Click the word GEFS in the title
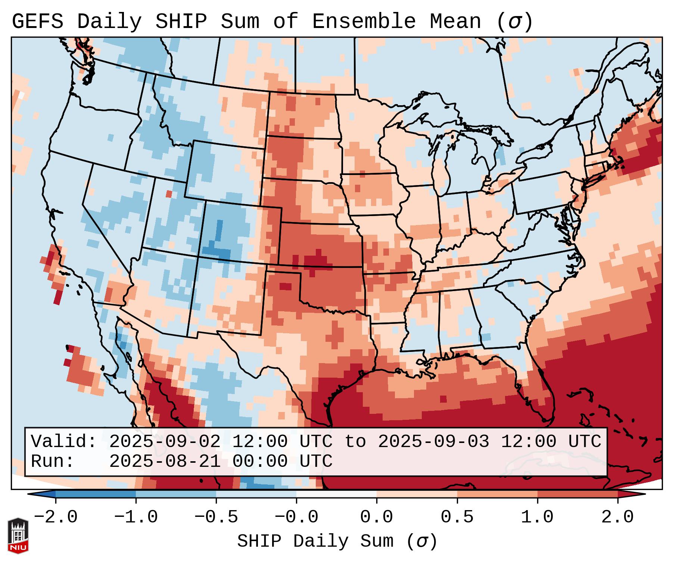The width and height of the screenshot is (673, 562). click(x=37, y=22)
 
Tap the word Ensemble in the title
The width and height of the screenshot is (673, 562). click(x=364, y=22)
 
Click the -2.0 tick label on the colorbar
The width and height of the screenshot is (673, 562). click(x=56, y=517)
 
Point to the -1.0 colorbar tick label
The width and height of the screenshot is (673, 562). click(x=136, y=517)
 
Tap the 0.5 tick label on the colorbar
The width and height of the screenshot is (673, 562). click(x=457, y=517)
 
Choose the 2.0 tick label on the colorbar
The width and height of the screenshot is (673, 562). click(x=618, y=517)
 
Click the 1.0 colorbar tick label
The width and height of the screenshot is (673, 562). click(x=538, y=517)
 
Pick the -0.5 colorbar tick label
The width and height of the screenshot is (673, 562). click(x=216, y=517)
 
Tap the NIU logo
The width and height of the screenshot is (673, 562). click(x=18, y=535)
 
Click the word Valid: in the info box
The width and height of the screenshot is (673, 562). click(x=64, y=442)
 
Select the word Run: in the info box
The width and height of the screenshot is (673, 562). click(x=53, y=462)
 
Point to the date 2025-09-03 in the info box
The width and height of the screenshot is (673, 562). click(x=433, y=442)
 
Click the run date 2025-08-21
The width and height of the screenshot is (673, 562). click(x=165, y=462)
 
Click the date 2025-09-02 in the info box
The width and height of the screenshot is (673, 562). click(x=165, y=442)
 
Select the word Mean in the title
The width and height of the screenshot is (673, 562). click(x=455, y=22)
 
